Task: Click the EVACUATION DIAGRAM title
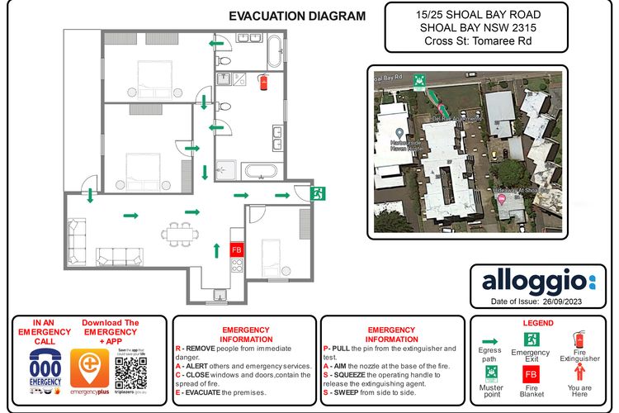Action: click(296, 16)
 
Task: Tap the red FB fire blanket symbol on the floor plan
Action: click(236, 249)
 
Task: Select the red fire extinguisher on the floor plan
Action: click(263, 82)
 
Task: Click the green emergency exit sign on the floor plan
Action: click(317, 193)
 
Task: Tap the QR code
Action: click(131, 372)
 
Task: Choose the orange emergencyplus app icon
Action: click(87, 367)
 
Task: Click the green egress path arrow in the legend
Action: click(489, 339)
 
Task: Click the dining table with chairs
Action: click(179, 233)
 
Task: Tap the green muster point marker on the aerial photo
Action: click(419, 80)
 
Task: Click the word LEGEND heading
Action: click(538, 322)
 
